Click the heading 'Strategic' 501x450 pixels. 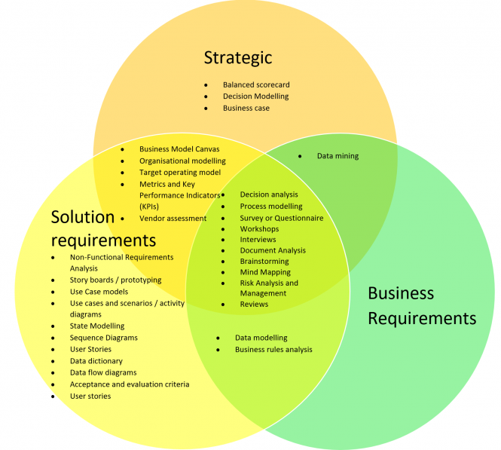[x=237, y=57]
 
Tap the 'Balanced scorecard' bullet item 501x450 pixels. [x=256, y=85]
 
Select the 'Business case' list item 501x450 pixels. [x=246, y=109]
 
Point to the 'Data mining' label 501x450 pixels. [x=338, y=156]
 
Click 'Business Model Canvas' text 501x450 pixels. [x=179, y=149]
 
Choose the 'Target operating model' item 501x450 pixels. [x=180, y=173]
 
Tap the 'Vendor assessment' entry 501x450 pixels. [x=173, y=219]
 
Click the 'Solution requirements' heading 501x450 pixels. [x=102, y=228]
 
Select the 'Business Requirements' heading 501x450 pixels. [x=421, y=305]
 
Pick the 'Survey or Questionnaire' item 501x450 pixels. [x=282, y=218]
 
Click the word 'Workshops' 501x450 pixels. [x=259, y=229]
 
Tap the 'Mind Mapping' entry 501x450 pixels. [x=265, y=272]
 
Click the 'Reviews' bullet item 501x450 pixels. [x=254, y=305]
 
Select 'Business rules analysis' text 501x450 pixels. [x=273, y=350]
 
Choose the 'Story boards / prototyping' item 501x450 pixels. [x=115, y=280]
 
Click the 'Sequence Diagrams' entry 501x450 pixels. [x=104, y=338]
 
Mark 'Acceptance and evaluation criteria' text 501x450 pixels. [x=130, y=384]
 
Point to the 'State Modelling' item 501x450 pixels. [x=97, y=326]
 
